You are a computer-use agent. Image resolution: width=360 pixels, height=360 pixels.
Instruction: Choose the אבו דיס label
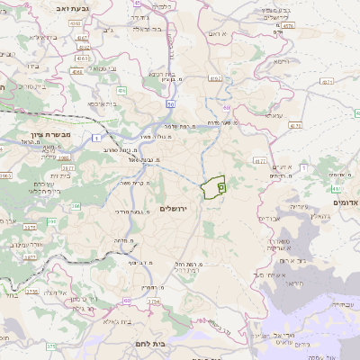pyautogui.click(x=270, y=218)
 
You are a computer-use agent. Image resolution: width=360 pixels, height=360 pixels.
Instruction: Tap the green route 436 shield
pyautogui.click(x=121, y=91)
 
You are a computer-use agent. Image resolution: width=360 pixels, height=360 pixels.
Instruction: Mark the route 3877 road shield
pyautogui.click(x=30, y=256)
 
